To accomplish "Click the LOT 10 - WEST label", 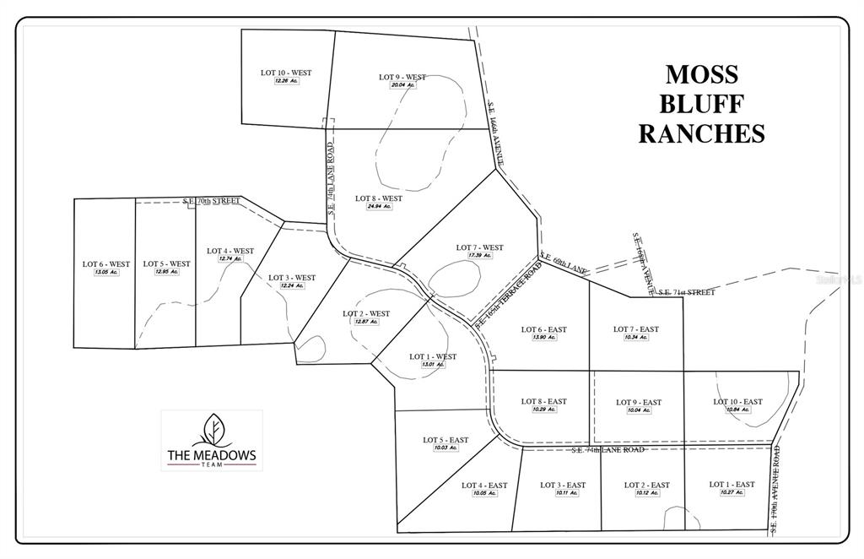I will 286,73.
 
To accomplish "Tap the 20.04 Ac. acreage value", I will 402,85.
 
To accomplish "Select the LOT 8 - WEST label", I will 379,198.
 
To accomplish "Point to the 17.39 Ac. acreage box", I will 479,256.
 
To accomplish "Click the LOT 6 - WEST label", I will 106,264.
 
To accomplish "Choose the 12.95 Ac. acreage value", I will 166,272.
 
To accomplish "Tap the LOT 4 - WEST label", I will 230,251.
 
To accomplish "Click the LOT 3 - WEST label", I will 292,278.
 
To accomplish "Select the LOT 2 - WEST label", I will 366,313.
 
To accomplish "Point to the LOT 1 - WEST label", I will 433,356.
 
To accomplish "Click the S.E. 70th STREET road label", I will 211,201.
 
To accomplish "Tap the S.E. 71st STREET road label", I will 687,292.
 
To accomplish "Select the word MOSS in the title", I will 701,74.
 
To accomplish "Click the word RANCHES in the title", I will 701,133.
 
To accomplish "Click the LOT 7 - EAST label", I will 636,329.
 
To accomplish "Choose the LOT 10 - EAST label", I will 737,402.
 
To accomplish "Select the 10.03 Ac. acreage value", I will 445,448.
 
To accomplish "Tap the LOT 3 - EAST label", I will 563,485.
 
